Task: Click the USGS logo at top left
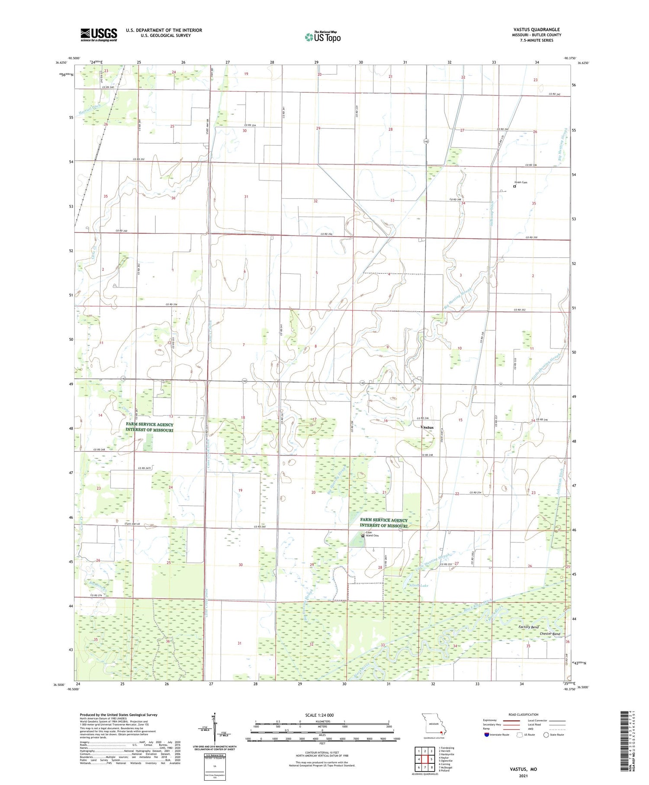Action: pos(99,35)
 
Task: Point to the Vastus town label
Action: pos(427,427)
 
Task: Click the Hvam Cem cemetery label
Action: pos(520,182)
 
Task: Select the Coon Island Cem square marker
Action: pos(363,535)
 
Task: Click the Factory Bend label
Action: pos(528,627)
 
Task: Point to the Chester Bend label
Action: pos(549,634)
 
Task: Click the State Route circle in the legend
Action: pos(546,735)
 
